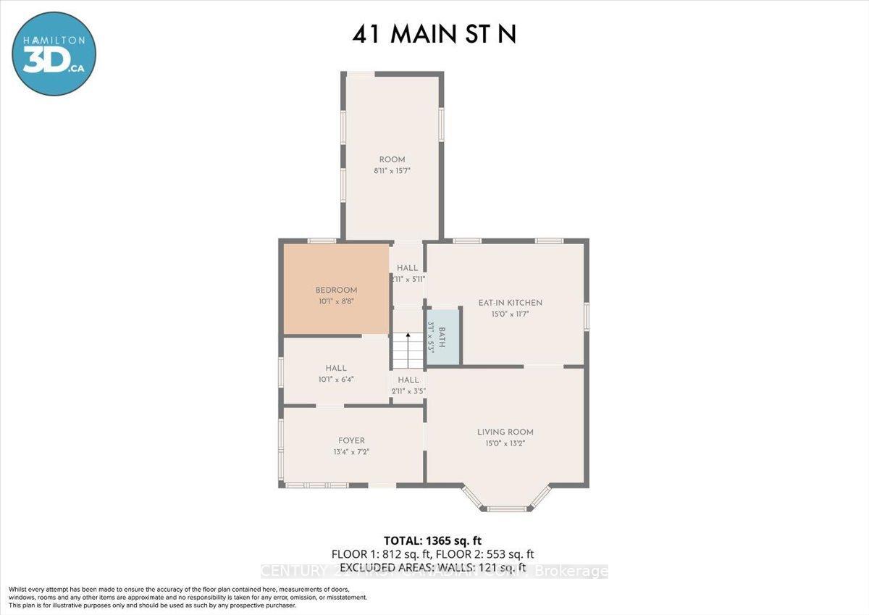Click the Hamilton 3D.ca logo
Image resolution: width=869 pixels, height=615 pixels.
coord(54,54)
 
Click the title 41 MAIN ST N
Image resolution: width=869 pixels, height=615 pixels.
coord(434,34)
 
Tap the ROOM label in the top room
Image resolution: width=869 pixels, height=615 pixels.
coord(392,159)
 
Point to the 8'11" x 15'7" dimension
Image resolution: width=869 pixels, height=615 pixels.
coord(392,172)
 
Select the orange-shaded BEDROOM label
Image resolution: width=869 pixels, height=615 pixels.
coord(335,290)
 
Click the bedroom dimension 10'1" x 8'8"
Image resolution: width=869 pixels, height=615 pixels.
coord(335,301)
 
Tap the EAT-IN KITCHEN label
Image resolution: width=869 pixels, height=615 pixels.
coord(510,303)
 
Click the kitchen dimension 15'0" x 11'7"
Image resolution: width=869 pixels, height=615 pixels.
coord(510,314)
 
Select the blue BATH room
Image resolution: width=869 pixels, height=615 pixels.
coord(442,338)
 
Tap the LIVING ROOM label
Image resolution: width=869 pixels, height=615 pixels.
coord(505,432)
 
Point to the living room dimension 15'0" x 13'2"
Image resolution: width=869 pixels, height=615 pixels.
coord(505,444)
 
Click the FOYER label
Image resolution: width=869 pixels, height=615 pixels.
coord(351,440)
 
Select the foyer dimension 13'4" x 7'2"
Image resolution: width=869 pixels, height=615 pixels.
coord(351,452)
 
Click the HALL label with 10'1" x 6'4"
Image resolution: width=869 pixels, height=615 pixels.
coord(335,368)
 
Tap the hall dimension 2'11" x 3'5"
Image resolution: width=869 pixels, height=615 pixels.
coord(408,391)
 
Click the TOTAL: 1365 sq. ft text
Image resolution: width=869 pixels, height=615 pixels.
coord(433,540)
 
